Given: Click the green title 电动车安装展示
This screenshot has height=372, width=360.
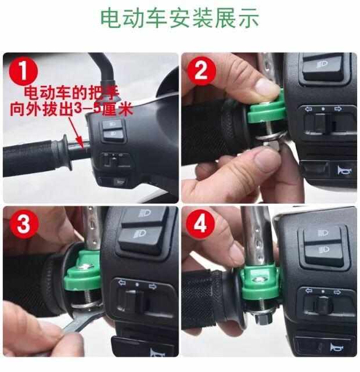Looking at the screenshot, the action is click(x=179, y=18).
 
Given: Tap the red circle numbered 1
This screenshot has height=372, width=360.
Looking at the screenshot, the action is click(x=23, y=71).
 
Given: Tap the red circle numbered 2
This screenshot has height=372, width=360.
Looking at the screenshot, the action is click(x=201, y=70).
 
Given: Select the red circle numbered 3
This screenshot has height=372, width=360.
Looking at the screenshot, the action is click(x=24, y=223).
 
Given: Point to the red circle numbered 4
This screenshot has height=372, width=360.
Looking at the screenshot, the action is click(x=200, y=223).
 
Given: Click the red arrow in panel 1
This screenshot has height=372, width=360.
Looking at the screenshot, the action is click(x=76, y=132).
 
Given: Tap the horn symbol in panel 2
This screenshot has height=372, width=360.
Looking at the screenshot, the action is click(x=343, y=170).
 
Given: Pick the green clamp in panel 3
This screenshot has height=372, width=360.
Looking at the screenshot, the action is click(x=83, y=270).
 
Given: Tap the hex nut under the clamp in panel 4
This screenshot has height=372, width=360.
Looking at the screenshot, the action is click(x=263, y=320).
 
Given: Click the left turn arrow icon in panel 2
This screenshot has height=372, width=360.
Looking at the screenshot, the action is click(x=308, y=109).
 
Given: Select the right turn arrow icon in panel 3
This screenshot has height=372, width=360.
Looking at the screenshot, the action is click(x=152, y=286).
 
